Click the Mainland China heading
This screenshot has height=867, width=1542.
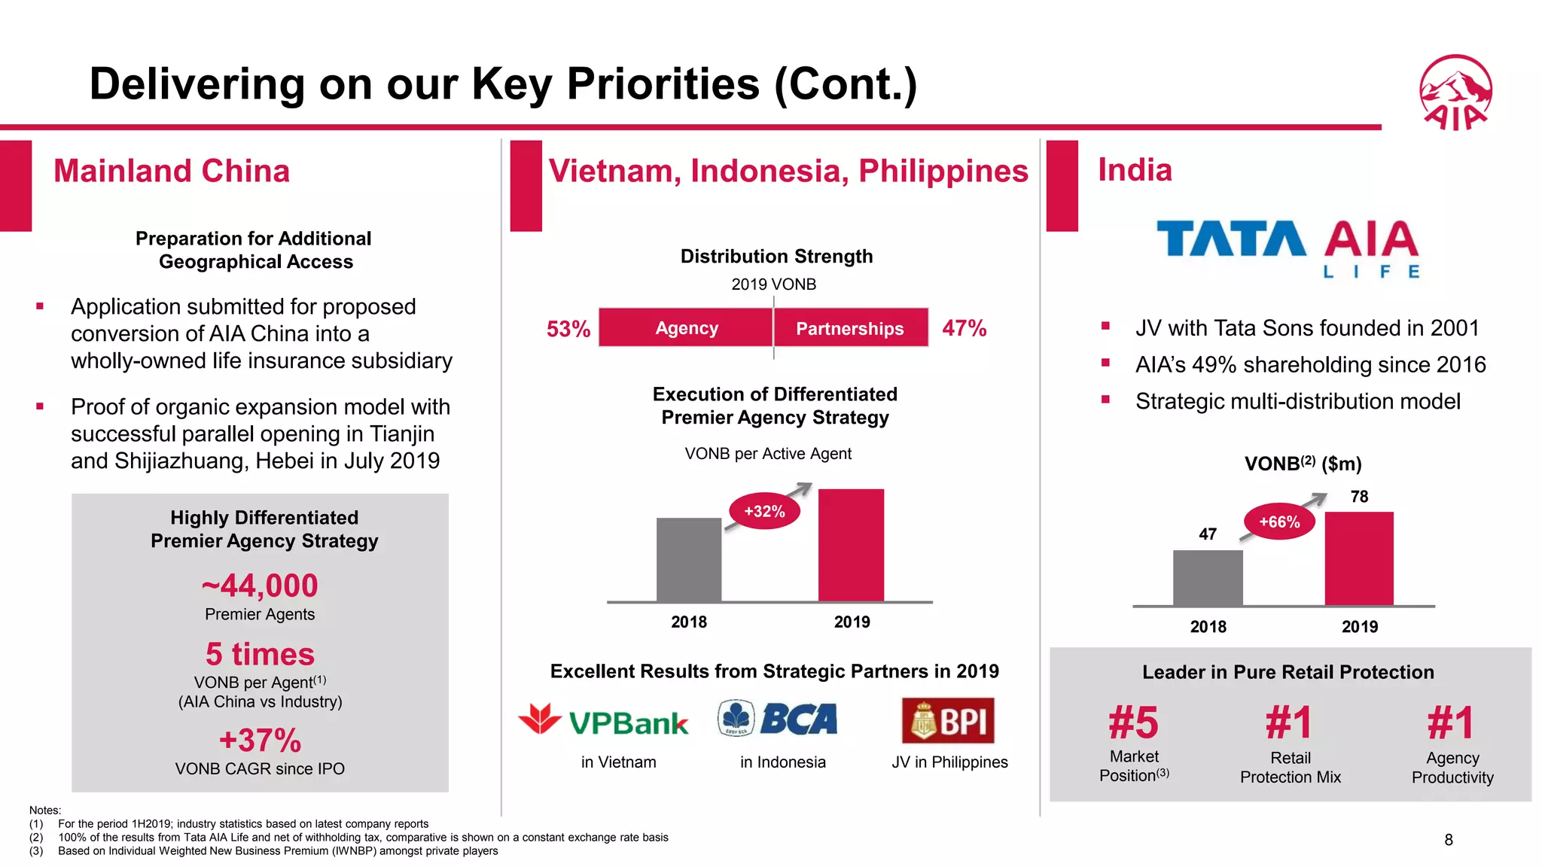click(172, 171)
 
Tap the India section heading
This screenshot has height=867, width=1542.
click(1135, 170)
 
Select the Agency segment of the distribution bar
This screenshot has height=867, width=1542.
click(686, 328)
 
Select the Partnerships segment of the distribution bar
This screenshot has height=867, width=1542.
click(850, 328)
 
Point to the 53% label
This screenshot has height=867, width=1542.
click(568, 329)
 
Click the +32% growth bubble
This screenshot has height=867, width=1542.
click(764, 512)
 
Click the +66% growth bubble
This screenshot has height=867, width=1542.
click(1279, 522)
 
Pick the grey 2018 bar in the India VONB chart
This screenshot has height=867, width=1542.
click(1208, 577)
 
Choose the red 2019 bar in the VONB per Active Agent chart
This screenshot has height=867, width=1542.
click(851, 545)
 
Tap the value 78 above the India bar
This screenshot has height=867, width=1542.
click(1359, 497)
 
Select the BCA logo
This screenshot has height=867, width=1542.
click(778, 719)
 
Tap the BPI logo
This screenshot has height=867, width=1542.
click(948, 720)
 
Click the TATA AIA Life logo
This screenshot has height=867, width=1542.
click(1288, 248)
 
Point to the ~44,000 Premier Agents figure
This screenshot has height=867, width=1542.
click(260, 586)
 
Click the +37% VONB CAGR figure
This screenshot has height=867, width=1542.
click(260, 741)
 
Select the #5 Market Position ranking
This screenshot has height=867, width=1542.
click(1133, 723)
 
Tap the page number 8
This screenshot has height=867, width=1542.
click(1448, 840)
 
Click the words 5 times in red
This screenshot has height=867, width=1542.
click(260, 654)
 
